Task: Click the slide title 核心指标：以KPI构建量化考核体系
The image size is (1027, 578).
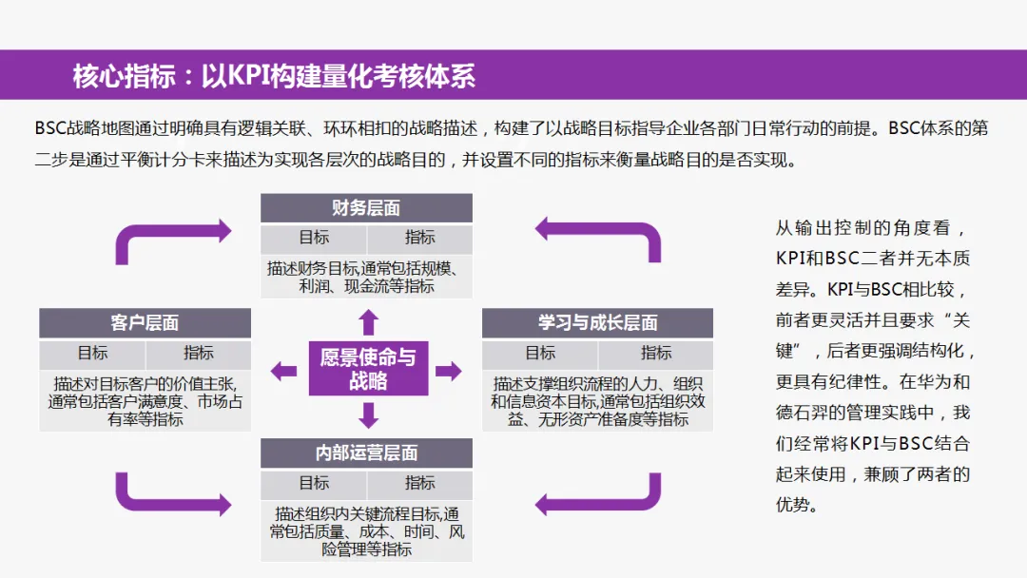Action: (x=274, y=75)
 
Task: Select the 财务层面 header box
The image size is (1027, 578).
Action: (x=366, y=208)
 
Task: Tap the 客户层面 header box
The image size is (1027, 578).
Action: (x=145, y=323)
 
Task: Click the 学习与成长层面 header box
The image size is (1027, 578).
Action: (x=597, y=323)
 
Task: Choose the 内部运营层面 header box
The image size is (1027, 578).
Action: (x=366, y=453)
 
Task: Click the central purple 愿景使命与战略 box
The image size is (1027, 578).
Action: (x=368, y=369)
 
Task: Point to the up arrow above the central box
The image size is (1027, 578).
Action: (x=368, y=321)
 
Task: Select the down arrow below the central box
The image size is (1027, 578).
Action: (x=368, y=414)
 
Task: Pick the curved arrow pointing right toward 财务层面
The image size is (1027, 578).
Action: (x=171, y=238)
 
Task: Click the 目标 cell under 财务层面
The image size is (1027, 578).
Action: (x=314, y=239)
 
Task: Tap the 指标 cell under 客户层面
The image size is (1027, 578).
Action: (x=199, y=354)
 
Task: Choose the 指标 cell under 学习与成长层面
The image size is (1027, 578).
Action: (x=655, y=354)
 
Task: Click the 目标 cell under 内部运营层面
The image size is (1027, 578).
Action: (x=314, y=483)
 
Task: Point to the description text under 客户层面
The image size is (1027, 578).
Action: (x=145, y=401)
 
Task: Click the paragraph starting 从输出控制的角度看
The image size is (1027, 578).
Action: (x=873, y=366)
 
